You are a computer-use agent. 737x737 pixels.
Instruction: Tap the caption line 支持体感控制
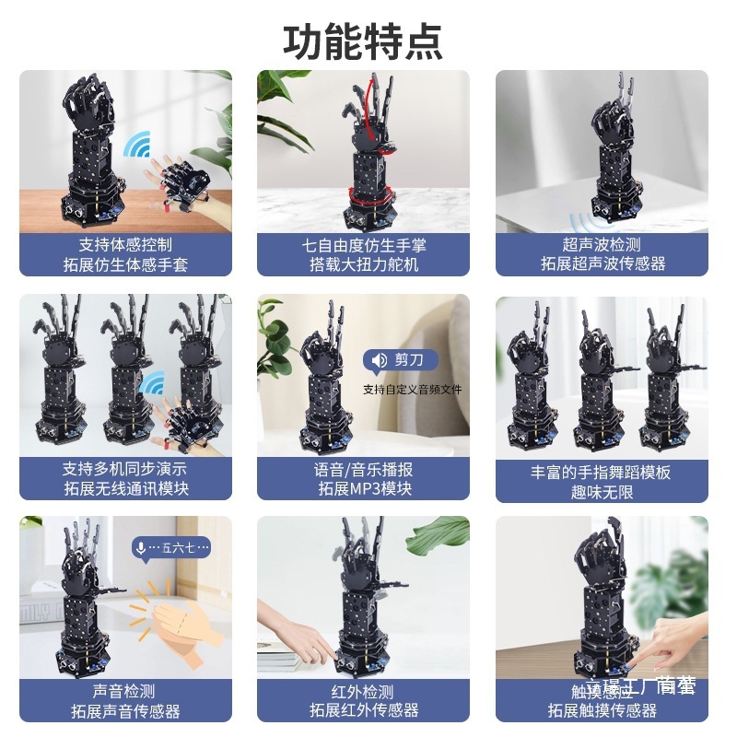tap(125, 245)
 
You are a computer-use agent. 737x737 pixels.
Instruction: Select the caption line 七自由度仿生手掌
tap(364, 245)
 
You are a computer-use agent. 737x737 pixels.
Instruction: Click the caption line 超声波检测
tap(602, 245)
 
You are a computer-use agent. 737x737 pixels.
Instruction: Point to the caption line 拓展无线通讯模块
tap(125, 489)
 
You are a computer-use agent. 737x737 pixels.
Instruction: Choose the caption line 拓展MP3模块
tap(364, 489)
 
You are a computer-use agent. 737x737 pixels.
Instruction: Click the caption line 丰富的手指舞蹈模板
tap(601, 473)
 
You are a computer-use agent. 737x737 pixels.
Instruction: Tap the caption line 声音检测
tap(124, 692)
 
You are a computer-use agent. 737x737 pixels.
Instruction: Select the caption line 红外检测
tap(363, 692)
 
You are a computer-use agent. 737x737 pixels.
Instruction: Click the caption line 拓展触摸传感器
tap(602, 710)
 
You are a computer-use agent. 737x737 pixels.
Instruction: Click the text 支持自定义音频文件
tap(412, 390)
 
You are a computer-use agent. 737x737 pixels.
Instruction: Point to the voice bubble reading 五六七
tap(171, 548)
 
